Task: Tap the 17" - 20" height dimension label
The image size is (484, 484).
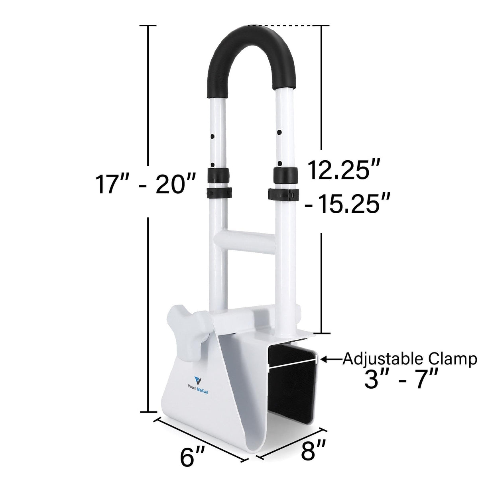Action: click(x=145, y=184)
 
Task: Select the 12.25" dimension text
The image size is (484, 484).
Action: click(x=343, y=171)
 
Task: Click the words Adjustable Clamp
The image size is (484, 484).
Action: click(x=410, y=359)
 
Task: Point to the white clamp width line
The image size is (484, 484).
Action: click(x=293, y=363)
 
